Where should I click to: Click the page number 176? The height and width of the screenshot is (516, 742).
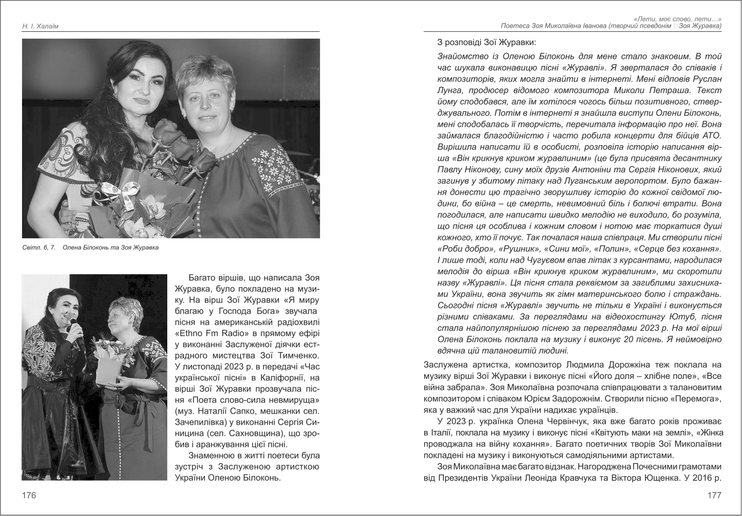(29, 495)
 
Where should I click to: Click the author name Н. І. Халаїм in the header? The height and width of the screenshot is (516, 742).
(41, 26)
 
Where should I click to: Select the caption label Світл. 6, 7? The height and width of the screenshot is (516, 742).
(39, 248)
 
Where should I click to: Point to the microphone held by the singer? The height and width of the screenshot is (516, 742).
(73, 323)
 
